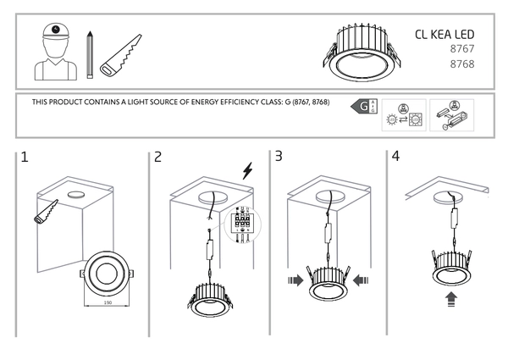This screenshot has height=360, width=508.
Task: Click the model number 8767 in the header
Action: pyautogui.click(x=461, y=50)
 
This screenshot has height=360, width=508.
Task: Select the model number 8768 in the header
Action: pyautogui.click(x=461, y=64)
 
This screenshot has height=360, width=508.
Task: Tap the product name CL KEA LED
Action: pyautogui.click(x=444, y=35)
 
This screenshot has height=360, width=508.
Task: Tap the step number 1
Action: pyautogui.click(x=25, y=157)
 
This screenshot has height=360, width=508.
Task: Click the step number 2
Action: pyautogui.click(x=158, y=157)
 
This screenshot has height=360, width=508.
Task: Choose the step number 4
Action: pyautogui.click(x=395, y=157)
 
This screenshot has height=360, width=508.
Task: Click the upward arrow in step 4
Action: pyautogui.click(x=452, y=298)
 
